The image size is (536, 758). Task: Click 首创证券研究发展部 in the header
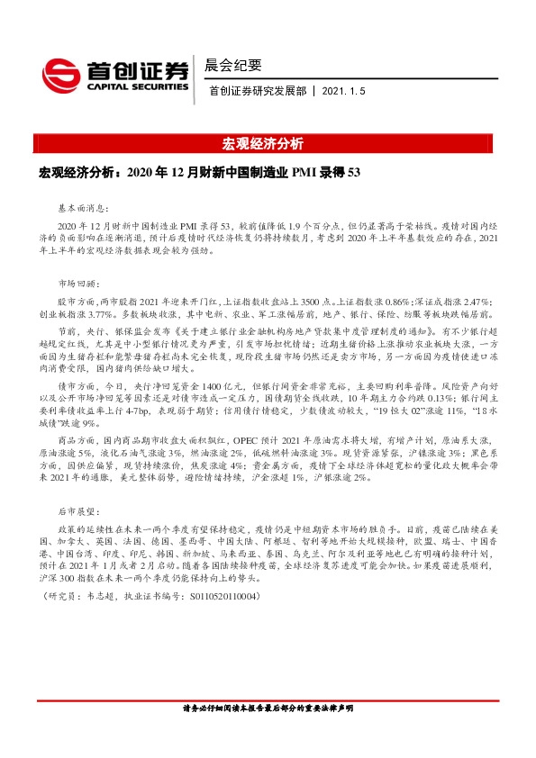click(x=258, y=92)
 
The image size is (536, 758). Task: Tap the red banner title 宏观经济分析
click(x=267, y=144)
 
